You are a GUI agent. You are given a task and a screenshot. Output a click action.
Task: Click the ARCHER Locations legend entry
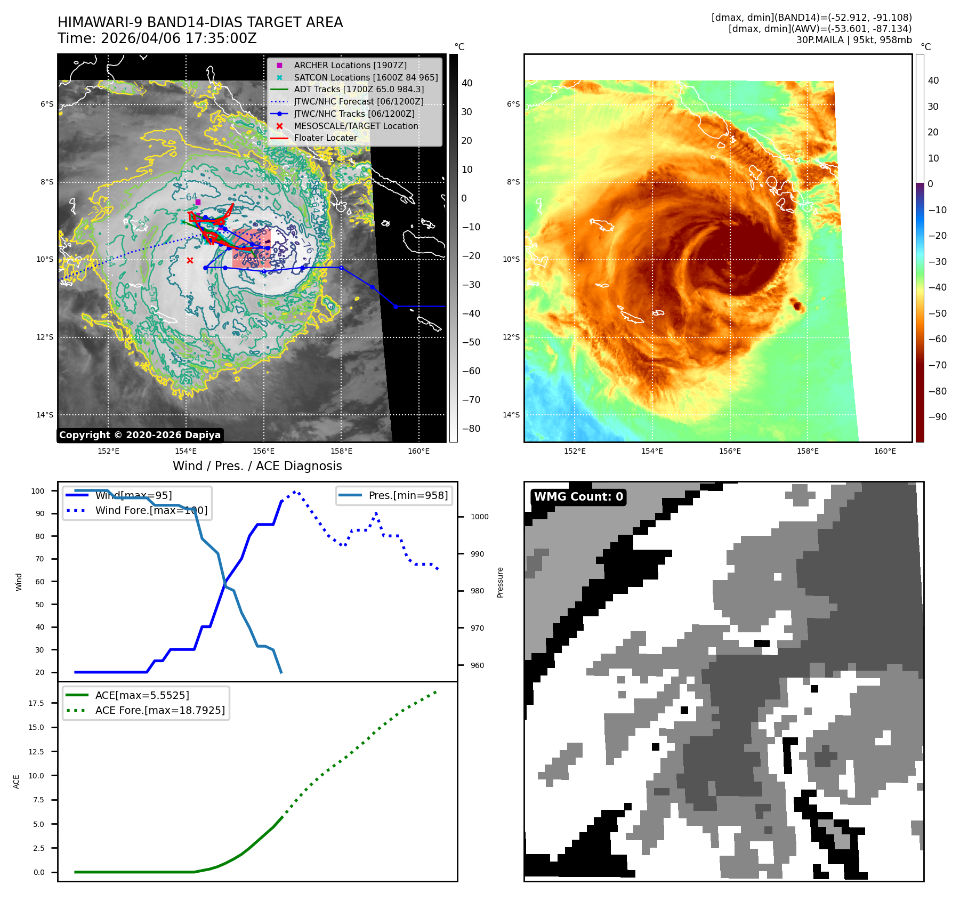tap(350, 65)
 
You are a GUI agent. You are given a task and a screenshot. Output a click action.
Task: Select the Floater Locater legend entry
tap(325, 138)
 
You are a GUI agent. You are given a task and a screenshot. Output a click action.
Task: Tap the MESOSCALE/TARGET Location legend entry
tap(356, 126)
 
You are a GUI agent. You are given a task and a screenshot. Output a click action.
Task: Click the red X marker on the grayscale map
tap(190, 260)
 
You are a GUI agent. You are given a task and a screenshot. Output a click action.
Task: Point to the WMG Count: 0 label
tap(578, 497)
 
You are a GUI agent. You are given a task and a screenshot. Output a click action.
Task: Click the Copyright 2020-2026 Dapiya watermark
tap(140, 435)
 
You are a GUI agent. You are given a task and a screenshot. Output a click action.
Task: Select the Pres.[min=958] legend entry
tap(408, 495)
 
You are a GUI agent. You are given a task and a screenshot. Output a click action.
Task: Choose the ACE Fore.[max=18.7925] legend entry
tap(160, 710)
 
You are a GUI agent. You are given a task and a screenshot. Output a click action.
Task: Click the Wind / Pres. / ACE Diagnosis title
tap(257, 466)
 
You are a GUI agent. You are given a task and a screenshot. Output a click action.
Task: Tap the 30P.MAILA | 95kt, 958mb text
tap(854, 40)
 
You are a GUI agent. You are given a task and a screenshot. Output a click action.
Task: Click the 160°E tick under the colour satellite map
tap(885, 451)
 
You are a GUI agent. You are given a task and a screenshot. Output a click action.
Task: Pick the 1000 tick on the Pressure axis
tap(480, 517)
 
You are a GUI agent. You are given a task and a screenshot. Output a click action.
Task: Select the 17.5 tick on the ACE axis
tap(37, 703)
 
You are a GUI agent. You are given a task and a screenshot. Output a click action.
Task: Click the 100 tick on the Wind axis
tap(38, 491)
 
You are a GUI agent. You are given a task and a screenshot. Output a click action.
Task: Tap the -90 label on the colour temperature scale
tap(937, 417)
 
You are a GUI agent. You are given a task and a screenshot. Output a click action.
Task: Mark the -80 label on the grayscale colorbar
tap(471, 429)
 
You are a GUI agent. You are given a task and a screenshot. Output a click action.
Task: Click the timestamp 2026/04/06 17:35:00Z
tap(179, 38)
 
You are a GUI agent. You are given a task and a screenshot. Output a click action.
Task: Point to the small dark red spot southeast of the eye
tap(797, 305)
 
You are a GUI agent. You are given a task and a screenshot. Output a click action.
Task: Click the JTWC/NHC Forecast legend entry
tap(359, 101)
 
